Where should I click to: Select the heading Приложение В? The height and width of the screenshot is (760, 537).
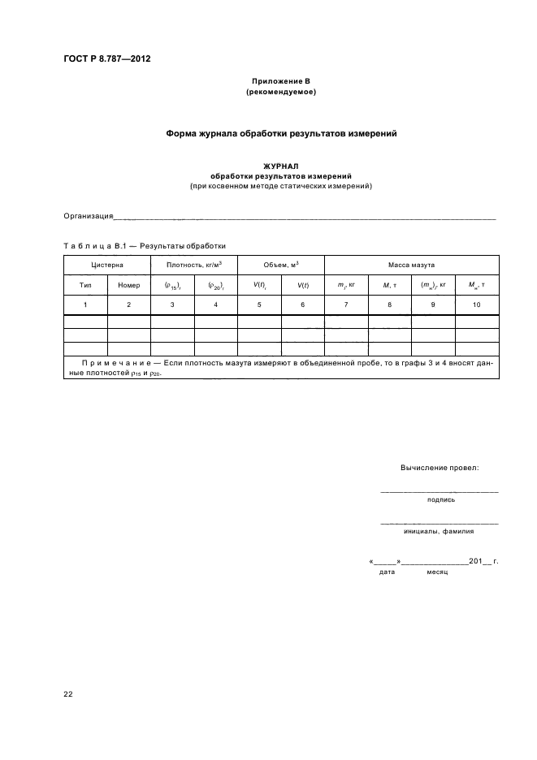pos(280,82)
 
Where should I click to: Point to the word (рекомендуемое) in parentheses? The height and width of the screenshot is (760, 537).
pos(280,93)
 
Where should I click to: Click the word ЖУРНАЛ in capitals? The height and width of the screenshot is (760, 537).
pos(280,166)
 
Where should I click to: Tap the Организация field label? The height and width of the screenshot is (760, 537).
pos(88,216)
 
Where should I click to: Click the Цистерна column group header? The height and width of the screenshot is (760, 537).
pos(107,265)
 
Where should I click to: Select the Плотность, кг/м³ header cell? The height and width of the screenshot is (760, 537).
pos(194,265)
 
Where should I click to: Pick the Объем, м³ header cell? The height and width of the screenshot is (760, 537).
pos(280,265)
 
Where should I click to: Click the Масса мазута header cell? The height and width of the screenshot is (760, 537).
pos(411,265)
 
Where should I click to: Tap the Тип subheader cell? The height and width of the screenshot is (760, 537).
pos(85,285)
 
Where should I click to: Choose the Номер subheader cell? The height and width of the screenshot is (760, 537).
pos(129,285)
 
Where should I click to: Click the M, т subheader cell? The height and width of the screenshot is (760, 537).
pos(389,285)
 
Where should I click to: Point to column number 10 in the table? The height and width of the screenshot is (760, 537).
pos(476,304)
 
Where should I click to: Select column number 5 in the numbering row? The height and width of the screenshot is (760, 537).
pos(259,304)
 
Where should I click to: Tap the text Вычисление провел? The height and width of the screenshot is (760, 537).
pos(440,468)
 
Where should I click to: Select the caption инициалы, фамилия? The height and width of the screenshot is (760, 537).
pos(439,531)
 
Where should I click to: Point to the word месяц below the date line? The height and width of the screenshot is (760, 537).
pos(426,572)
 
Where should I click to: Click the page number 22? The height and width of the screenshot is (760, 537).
pos(68,694)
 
